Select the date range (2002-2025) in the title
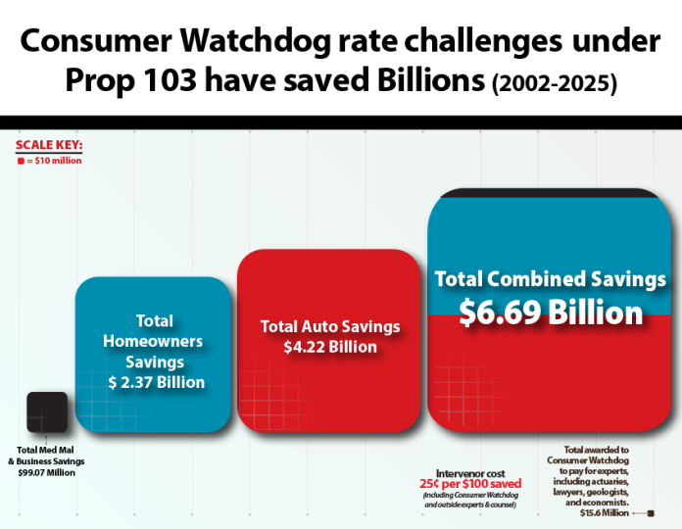click(553, 85)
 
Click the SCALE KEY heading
click(49, 145)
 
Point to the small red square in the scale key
click(21, 159)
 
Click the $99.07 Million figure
click(47, 472)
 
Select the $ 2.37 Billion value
click(155, 382)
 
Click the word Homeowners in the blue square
click(155, 341)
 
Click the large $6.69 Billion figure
click(551, 313)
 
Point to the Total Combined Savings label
click(551, 279)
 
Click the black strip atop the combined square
click(551, 192)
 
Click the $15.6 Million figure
click(604, 512)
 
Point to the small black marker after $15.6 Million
click(650, 512)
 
